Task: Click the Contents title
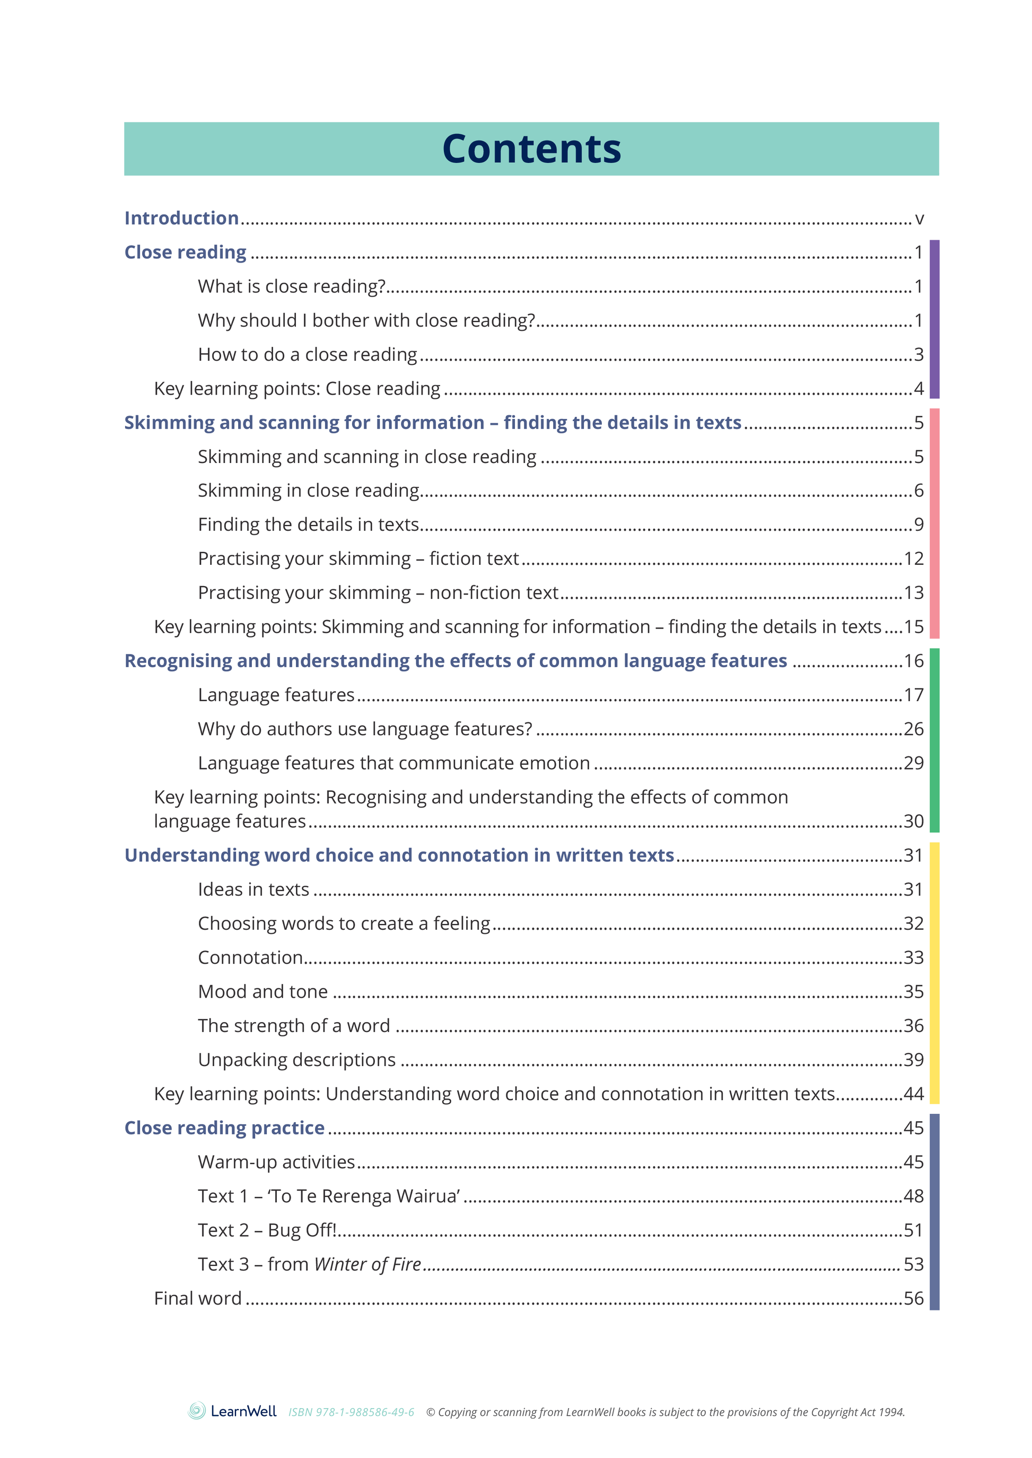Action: coord(531,150)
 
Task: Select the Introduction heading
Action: coord(181,218)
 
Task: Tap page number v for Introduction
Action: coord(919,219)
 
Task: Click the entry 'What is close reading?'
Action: coord(292,286)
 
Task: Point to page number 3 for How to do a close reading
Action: coord(919,355)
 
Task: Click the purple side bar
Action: coord(934,319)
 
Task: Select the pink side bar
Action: coord(934,523)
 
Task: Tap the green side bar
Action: coord(934,740)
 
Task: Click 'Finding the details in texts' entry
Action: coord(308,525)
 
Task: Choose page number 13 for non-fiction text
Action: coord(913,593)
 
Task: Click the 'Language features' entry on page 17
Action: coord(276,695)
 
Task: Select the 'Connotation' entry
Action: coord(250,958)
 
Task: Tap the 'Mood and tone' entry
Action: coord(263,992)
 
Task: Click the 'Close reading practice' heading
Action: coord(224,1128)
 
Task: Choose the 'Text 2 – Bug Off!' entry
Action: coord(267,1230)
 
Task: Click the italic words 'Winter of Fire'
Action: coord(368,1265)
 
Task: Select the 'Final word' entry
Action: coord(198,1298)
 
